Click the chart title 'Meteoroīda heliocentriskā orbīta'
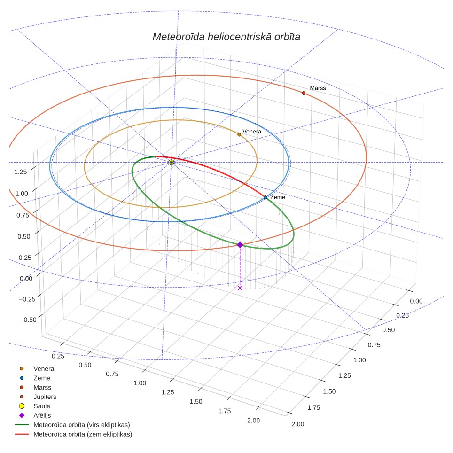click(226, 37)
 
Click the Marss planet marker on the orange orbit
click(304, 93)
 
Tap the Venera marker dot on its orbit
click(239, 134)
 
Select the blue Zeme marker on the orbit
click(266, 197)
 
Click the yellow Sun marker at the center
click(172, 163)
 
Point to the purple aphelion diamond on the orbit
click(240, 245)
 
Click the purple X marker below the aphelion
click(240, 288)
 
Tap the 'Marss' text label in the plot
click(318, 88)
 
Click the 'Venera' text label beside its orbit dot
click(252, 132)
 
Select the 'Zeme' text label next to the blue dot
click(278, 197)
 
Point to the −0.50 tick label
click(28, 320)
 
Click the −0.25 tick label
click(27, 299)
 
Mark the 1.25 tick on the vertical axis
click(21, 172)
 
